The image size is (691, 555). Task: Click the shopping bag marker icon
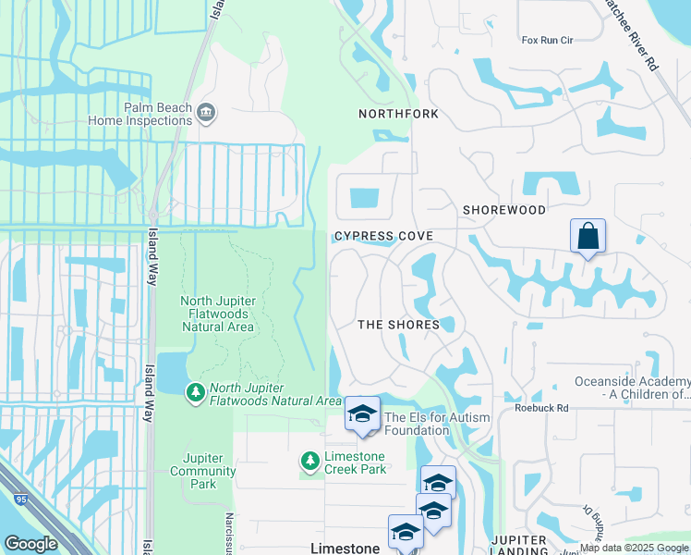[x=588, y=237]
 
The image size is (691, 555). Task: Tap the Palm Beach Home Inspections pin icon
[x=206, y=113]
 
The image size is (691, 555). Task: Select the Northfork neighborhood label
[x=398, y=114]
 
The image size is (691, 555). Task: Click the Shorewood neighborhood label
[x=504, y=210]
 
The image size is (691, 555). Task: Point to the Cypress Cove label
[x=383, y=237]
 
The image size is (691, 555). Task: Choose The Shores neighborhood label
[x=398, y=325]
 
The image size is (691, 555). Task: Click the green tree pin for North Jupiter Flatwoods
[x=195, y=393]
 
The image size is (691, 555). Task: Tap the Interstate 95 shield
[x=20, y=499]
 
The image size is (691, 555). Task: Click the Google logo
[x=30, y=544]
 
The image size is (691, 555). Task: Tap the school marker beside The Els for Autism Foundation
[x=362, y=414]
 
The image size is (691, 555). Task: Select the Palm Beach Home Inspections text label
[x=140, y=114]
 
